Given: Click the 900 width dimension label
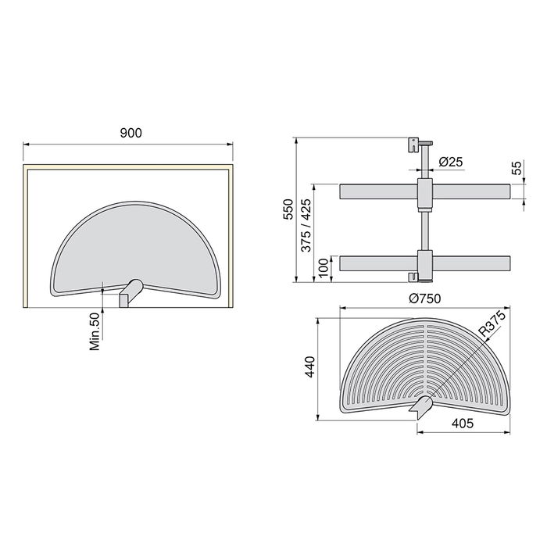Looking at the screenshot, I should coord(130,134).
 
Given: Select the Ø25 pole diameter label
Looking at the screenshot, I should coord(452,162).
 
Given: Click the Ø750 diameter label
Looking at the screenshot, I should coord(420,297).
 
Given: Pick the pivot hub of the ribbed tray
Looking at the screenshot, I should coord(421,405).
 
